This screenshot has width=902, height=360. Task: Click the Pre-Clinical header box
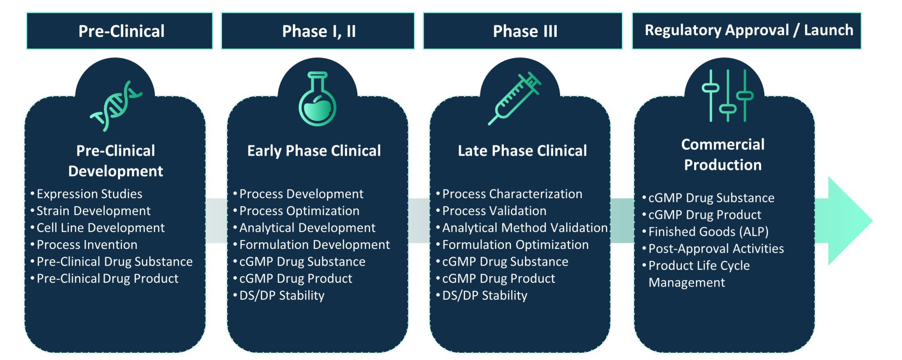[x=119, y=31]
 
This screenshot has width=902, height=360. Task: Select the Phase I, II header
[x=318, y=31]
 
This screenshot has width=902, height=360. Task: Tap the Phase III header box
[x=523, y=31]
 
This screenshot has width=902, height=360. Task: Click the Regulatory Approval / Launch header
[x=747, y=30]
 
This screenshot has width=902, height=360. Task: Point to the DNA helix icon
[x=115, y=106]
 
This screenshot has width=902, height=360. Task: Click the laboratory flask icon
[x=318, y=99]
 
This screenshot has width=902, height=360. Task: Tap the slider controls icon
[x=728, y=96]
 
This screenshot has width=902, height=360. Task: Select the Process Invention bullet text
[x=87, y=245]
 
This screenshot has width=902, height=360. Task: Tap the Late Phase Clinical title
[x=522, y=151]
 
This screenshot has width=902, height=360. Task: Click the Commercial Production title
[x=723, y=155]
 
